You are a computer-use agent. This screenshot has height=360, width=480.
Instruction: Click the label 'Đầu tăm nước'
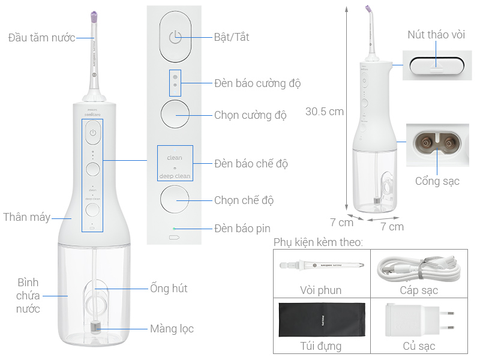[41, 38]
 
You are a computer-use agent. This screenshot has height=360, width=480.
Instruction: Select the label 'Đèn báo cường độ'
[257, 83]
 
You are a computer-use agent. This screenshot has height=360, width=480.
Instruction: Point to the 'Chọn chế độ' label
[244, 200]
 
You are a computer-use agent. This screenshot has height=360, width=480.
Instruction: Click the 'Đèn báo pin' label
[242, 228]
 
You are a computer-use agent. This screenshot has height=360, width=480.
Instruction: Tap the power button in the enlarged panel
[175, 37]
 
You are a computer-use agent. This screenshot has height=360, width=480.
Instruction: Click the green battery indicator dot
[175, 229]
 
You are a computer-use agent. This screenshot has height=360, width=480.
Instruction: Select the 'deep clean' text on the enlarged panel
[175, 176]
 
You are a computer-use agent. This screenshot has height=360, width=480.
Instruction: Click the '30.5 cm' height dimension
[325, 112]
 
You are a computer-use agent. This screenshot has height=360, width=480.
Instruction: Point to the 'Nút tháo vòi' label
[436, 35]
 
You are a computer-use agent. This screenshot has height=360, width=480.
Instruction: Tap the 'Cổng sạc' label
[437, 181]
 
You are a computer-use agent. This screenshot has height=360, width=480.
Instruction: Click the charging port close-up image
[437, 144]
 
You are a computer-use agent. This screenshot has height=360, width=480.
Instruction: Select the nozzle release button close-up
[436, 65]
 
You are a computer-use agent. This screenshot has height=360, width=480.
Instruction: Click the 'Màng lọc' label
[172, 329]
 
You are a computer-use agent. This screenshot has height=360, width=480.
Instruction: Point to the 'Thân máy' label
[26, 217]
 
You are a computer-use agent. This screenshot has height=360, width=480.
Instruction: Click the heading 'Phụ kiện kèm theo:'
[318, 242]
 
